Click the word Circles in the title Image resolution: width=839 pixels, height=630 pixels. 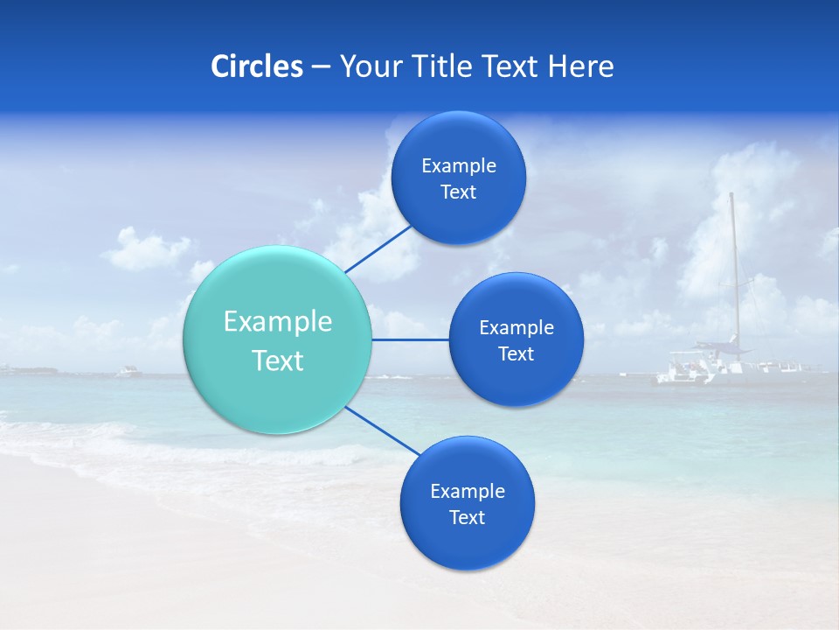pos(256,66)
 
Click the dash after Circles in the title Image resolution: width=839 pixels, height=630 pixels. pos(321,67)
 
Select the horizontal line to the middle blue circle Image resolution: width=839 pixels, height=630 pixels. pos(411,339)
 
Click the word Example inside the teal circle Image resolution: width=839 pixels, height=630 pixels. pos(278,322)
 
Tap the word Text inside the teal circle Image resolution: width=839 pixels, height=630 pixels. pos(278,360)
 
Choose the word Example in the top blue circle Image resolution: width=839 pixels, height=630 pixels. pos(459,165)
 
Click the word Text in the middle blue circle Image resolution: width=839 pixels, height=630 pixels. pos(516,353)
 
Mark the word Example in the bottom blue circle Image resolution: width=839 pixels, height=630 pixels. pos(468,491)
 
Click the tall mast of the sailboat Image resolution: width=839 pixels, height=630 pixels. pos(734,262)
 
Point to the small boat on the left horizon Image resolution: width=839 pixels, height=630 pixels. pos(128,372)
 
